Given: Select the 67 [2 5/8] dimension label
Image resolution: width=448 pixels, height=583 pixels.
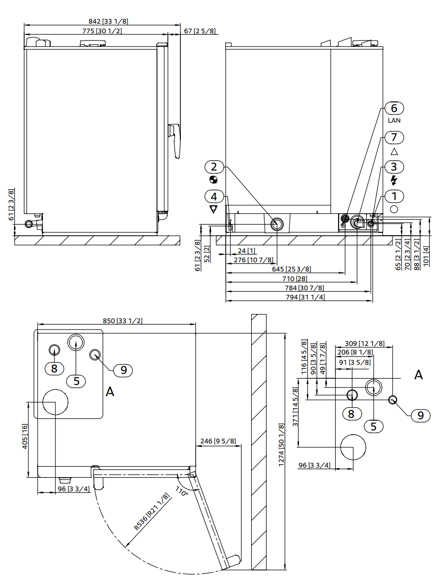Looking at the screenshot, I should [200, 31].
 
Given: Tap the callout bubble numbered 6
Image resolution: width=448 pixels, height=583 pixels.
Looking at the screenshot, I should [394, 108].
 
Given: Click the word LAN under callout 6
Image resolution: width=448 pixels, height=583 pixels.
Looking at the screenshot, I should [394, 120].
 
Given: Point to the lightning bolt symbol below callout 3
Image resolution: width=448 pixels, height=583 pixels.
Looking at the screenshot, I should [394, 180].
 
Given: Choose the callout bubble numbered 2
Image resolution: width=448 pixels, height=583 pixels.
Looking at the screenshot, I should [214, 167].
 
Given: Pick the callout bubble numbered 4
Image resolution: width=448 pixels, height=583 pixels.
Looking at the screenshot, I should [214, 197].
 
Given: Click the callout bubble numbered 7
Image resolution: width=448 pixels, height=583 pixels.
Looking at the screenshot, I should [394, 138].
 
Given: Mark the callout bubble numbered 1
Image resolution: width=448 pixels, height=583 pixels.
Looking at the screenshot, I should [394, 197].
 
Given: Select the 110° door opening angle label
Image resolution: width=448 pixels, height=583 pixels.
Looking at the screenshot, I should [182, 492].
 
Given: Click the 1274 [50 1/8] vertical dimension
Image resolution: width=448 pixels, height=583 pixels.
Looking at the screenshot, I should [282, 444].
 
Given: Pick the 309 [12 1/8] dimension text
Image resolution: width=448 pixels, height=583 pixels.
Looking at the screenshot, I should [365, 343].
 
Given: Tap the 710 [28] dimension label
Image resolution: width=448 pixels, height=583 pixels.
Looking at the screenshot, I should [295, 279].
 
